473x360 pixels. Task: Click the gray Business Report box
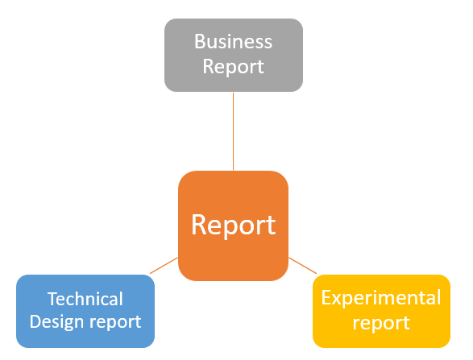(234, 56)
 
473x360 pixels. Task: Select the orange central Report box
(233, 226)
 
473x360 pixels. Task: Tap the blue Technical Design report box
(85, 311)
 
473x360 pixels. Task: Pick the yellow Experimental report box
(382, 311)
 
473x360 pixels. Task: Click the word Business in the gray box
(233, 41)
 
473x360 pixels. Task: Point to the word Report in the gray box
(233, 67)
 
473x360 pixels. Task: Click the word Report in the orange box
(233, 225)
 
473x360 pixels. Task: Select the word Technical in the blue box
(85, 299)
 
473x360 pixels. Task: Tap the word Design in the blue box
(56, 322)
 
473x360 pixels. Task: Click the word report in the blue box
(115, 323)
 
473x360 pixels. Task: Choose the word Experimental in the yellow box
(381, 298)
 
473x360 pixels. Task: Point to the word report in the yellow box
(381, 323)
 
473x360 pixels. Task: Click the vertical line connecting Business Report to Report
(233, 131)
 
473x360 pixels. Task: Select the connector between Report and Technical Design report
(164, 266)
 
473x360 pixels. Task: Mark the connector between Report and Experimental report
(303, 266)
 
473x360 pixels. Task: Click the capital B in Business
(199, 41)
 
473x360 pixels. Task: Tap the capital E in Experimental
(326, 297)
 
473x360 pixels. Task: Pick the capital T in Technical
(53, 299)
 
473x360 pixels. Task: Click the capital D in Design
(35, 321)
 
